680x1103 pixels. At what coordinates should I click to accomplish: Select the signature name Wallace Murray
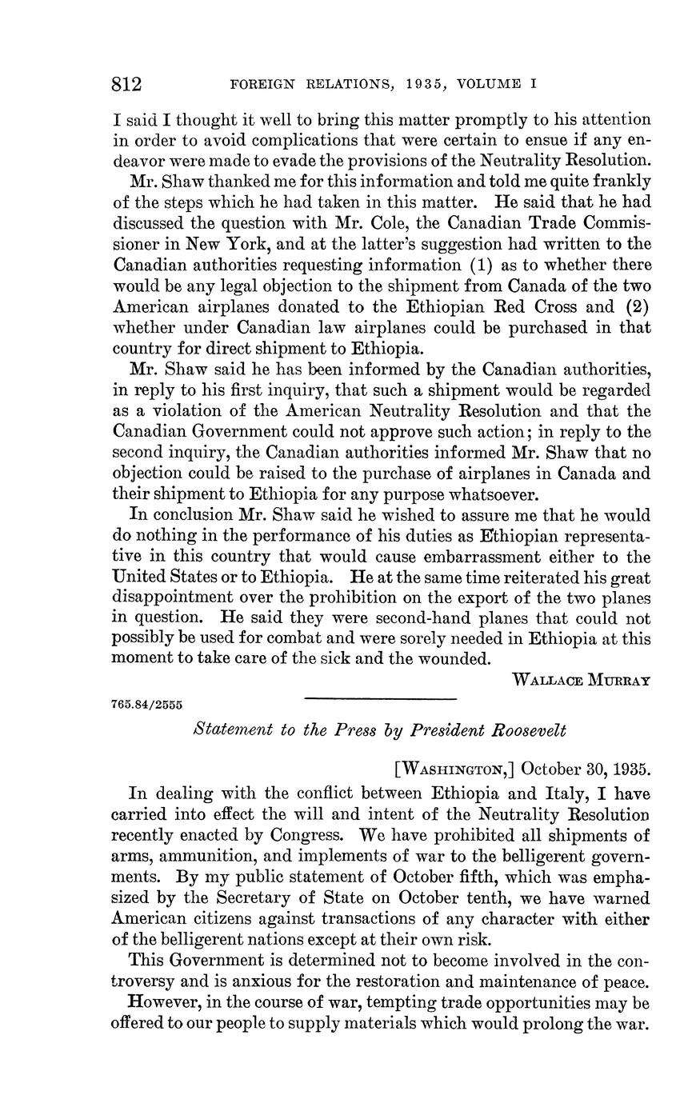tap(581, 681)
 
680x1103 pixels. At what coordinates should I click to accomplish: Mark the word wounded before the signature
tap(449, 660)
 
